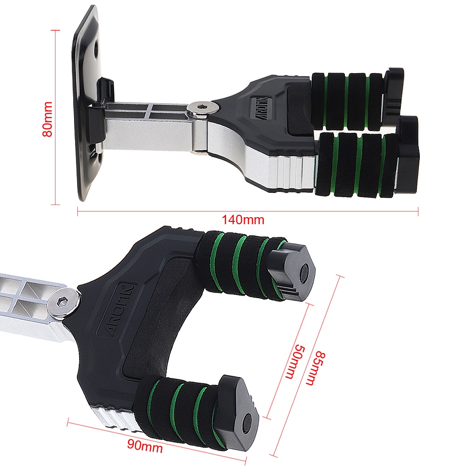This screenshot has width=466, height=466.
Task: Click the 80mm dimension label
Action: click(x=48, y=119)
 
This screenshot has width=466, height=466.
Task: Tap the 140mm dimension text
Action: click(x=243, y=220)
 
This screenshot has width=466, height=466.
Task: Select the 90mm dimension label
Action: click(x=145, y=446)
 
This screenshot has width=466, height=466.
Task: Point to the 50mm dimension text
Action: click(x=295, y=362)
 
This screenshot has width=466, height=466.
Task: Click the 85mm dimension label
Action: click(x=316, y=368)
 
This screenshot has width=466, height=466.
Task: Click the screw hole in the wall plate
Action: click(x=96, y=48)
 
